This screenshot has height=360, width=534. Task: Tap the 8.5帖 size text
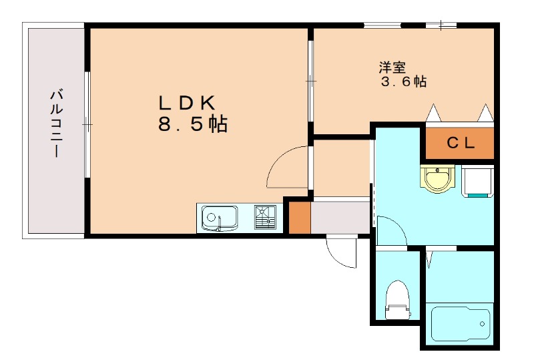pyautogui.click(x=193, y=124)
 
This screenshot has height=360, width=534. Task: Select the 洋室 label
pyautogui.click(x=393, y=67)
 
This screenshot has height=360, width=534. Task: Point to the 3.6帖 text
pyautogui.click(x=403, y=82)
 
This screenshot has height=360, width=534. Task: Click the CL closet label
pyautogui.click(x=460, y=142)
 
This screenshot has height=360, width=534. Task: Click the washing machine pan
pyautogui.click(x=478, y=181)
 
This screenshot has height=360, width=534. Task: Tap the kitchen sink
pyautogui.click(x=220, y=218)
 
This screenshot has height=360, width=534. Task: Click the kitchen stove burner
pyautogui.click(x=265, y=216)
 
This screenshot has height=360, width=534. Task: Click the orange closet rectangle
pyautogui.click(x=460, y=143)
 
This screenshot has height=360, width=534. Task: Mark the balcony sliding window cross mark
pyautogui.click(x=87, y=124)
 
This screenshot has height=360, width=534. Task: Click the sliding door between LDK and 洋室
pyautogui.click(x=310, y=81)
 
